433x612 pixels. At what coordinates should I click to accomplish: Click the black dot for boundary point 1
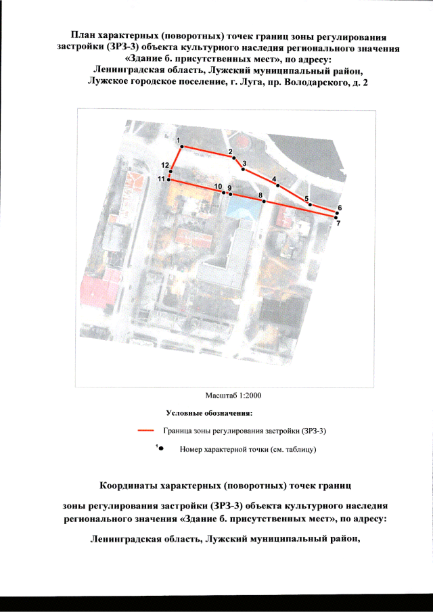coord(181,146)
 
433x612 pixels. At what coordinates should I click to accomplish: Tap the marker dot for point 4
coord(278,185)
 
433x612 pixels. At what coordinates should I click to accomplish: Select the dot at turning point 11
coord(168,180)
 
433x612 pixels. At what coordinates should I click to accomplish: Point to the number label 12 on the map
coord(165,165)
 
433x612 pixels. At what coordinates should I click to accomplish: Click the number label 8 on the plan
coord(260,195)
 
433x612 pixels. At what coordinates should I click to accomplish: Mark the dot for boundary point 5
coord(310,204)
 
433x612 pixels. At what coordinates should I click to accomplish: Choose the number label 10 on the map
coord(218,186)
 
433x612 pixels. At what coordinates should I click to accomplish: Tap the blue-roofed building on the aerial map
coord(245,207)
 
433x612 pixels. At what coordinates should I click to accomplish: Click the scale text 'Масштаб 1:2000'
coord(233,396)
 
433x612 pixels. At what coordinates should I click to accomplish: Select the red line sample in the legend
coord(145,431)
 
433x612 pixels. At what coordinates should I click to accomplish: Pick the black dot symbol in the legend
coord(161,449)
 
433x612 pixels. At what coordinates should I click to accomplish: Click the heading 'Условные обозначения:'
coord(210,413)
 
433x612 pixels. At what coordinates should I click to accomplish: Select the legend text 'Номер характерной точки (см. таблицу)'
coord(248,449)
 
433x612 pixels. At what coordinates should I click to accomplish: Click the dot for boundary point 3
coord(244,169)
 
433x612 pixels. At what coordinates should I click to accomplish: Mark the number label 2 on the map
coord(230,151)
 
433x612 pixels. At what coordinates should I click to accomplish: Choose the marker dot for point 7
coord(336,217)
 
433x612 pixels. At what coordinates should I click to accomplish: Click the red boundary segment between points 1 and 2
coord(208,152)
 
